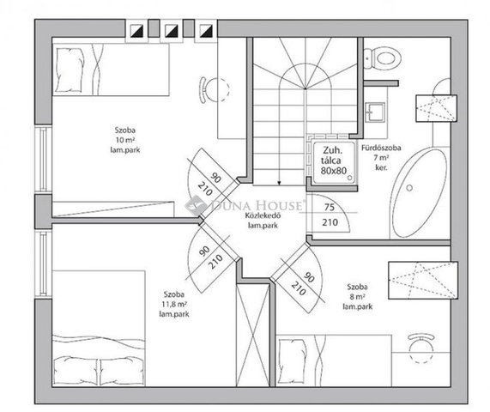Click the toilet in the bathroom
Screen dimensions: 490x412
[384, 58]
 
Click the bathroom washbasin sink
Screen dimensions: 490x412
[375, 112]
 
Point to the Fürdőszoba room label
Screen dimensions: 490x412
[381, 148]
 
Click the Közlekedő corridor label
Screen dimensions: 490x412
[263, 215]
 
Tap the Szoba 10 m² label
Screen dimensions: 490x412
[125, 140]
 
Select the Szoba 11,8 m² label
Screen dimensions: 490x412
[174, 304]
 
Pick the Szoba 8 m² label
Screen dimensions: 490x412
[358, 296]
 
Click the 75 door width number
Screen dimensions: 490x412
[330, 207]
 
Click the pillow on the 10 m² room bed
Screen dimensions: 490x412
[70, 70]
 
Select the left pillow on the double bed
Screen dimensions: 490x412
[76, 371]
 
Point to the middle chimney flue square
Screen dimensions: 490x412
[172, 31]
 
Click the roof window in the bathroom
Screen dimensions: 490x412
[436, 108]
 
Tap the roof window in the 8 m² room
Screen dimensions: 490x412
[423, 280]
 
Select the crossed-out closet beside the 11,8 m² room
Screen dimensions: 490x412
[253, 335]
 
